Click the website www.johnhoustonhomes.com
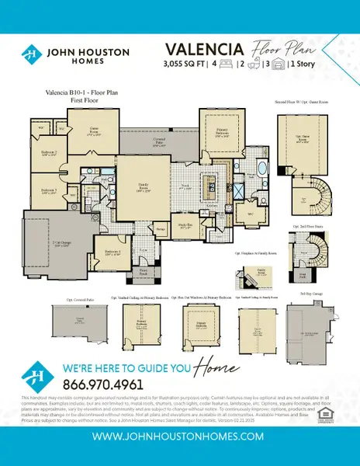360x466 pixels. coord(179,437)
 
